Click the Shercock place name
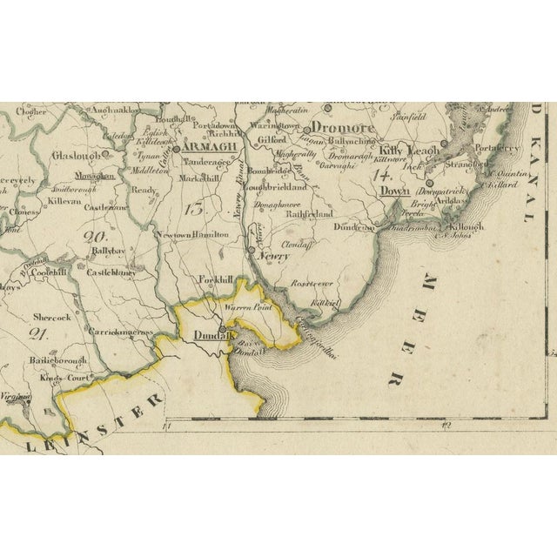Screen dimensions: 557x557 [x=51, y=319]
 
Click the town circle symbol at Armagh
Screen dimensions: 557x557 [x=177, y=149]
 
